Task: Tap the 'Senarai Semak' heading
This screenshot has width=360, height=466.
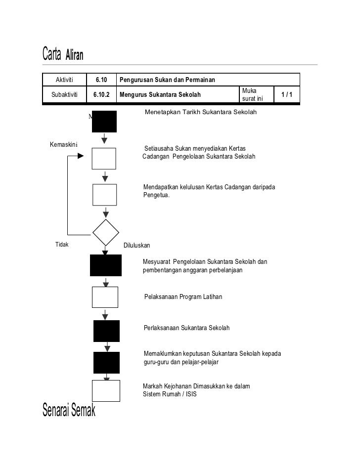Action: pyautogui.click(x=69, y=410)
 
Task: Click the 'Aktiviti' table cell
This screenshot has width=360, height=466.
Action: pyautogui.click(x=64, y=80)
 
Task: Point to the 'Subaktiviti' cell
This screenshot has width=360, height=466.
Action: pyautogui.click(x=64, y=94)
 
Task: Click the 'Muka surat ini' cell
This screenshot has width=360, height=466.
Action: pyautogui.click(x=253, y=94)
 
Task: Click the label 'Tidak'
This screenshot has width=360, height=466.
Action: pyautogui.click(x=62, y=245)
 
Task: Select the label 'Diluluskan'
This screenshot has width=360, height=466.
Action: pyautogui.click(x=136, y=245)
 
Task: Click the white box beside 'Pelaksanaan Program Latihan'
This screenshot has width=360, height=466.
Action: pyautogui.click(x=105, y=297)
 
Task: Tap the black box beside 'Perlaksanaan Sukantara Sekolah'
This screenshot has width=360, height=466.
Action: pyautogui.click(x=106, y=331)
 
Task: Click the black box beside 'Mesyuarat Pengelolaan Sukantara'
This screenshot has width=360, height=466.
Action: pyautogui.click(x=105, y=265)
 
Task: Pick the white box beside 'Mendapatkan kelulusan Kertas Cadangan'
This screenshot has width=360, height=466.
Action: pyautogui.click(x=105, y=194)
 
